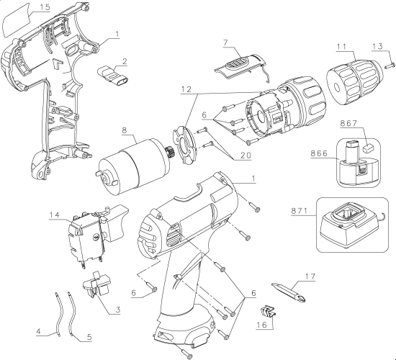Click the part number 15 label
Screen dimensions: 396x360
[x=45, y=6]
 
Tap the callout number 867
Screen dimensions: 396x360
[x=348, y=123]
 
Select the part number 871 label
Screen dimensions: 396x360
[x=300, y=210]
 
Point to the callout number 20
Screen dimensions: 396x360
[x=242, y=156]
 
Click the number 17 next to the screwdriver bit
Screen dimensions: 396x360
[x=310, y=277]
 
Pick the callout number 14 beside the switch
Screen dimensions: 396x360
[x=55, y=215]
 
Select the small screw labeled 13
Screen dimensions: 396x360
[x=390, y=66]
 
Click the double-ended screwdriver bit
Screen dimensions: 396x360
[x=289, y=292]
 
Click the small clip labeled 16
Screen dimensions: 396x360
[x=267, y=312]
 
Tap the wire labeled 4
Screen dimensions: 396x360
[x=58, y=315]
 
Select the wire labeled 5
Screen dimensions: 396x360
[x=72, y=313]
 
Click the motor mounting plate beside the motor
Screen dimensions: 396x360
[x=184, y=146]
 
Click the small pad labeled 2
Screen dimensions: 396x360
[x=112, y=75]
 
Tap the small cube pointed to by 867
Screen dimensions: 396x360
[x=369, y=148]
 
